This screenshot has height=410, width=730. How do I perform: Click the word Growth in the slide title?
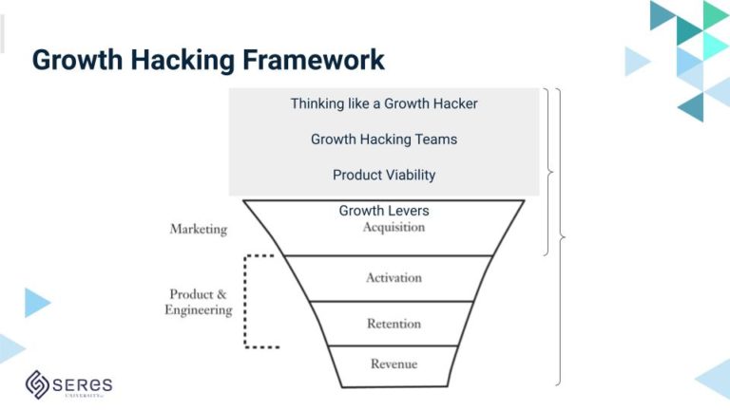74,60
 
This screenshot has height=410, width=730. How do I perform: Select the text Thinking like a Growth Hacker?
383,103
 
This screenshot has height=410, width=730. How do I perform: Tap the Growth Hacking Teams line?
383,139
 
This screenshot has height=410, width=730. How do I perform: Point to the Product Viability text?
383,175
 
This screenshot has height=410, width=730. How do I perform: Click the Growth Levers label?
383,211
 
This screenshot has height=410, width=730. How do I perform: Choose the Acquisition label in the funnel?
394,227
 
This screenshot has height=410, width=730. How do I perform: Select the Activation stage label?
394,278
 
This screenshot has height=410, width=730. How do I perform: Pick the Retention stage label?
394,324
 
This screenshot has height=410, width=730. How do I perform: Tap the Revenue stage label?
394,363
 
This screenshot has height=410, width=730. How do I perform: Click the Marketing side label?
198,229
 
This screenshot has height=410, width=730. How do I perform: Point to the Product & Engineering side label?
198,302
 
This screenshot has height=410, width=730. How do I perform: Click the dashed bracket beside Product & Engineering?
246,301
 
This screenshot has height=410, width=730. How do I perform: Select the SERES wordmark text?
84,384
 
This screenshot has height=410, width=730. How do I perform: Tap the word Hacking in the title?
178,60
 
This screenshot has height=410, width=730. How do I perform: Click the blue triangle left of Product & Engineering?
36,302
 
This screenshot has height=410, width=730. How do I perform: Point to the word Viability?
410,175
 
